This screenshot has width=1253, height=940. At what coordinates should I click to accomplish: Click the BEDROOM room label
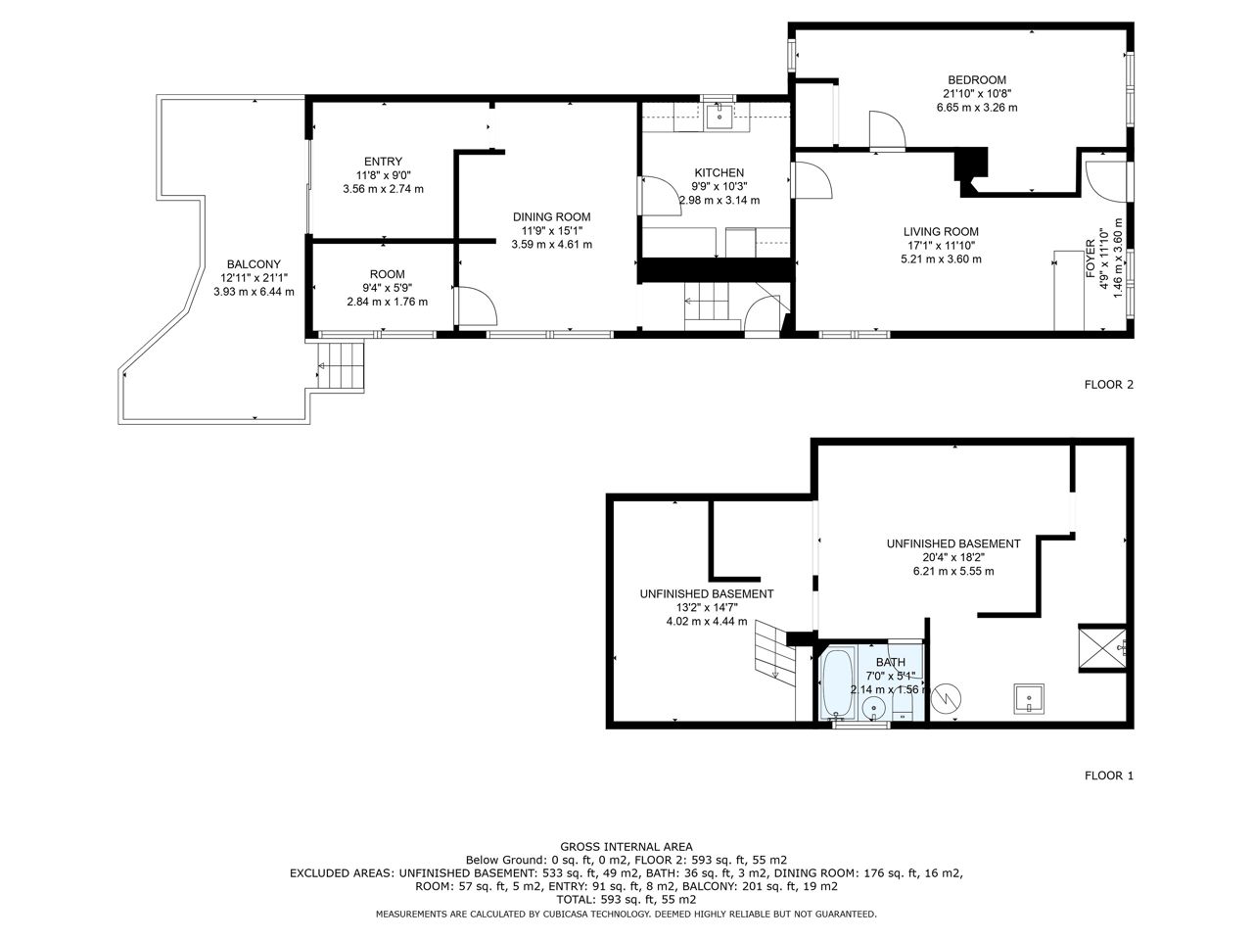[977, 80]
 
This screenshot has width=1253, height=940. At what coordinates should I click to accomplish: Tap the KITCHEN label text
[719, 172]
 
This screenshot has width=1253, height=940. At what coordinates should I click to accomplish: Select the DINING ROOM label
[551, 216]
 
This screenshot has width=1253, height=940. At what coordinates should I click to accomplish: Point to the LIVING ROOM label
[941, 232]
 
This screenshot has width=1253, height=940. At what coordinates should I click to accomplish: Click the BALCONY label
[254, 264]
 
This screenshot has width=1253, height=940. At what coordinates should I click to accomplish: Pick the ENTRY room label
[383, 162]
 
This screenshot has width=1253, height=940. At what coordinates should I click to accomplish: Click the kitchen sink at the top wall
[719, 117]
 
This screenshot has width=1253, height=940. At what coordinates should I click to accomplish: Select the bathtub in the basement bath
[837, 682]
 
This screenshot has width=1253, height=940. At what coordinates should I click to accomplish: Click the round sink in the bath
[873, 710]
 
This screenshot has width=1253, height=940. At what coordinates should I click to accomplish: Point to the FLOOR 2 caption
[1108, 385]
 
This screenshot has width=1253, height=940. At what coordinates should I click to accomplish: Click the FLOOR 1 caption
[1108, 775]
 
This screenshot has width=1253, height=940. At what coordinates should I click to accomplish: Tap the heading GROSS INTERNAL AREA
[626, 847]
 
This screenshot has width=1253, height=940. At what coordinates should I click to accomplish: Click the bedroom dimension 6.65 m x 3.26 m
[977, 108]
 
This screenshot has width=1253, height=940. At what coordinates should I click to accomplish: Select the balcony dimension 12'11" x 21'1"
[254, 278]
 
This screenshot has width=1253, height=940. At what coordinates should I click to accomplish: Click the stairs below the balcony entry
[341, 366]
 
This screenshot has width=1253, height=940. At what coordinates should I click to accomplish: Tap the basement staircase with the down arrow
[774, 655]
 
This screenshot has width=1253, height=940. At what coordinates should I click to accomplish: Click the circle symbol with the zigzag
[946, 698]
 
